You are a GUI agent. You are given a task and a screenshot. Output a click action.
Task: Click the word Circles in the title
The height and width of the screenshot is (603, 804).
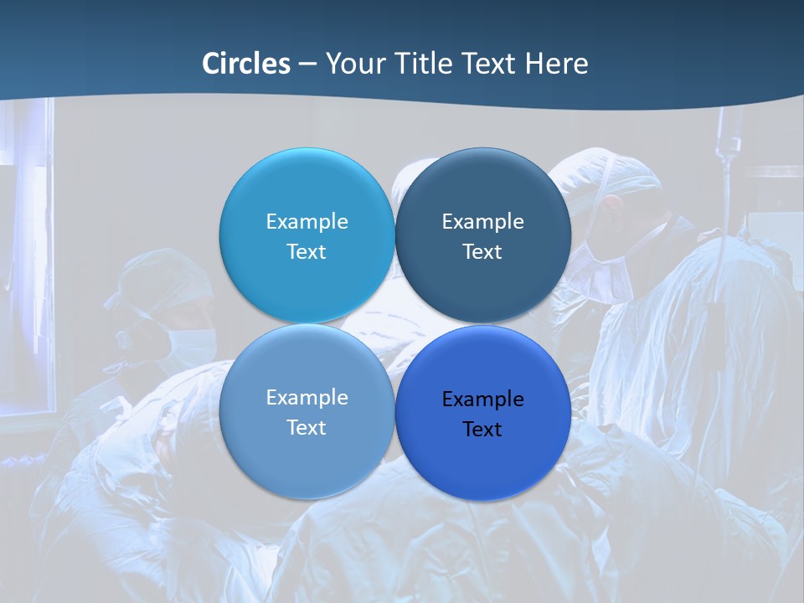point(245,64)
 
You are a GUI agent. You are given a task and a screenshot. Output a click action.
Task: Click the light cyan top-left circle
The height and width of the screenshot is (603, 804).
point(307,188)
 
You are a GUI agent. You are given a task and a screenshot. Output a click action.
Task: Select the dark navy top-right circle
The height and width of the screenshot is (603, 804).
point(482,188)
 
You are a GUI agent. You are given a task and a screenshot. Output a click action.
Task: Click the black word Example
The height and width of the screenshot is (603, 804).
point(482,399)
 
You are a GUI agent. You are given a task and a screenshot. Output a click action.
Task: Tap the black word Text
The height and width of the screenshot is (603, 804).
point(482,430)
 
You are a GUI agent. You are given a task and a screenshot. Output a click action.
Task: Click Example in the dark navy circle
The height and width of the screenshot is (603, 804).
point(482,222)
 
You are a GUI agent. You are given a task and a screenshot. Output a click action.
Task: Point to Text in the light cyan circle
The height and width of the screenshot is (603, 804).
point(307,252)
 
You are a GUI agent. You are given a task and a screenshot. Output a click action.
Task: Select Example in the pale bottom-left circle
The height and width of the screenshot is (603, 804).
point(307,398)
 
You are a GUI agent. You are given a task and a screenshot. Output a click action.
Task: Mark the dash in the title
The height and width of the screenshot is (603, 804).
point(307,64)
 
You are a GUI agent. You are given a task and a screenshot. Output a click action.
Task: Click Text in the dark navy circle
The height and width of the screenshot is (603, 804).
point(482,252)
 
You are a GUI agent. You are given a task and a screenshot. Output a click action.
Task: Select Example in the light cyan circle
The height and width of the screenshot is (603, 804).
point(307,222)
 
